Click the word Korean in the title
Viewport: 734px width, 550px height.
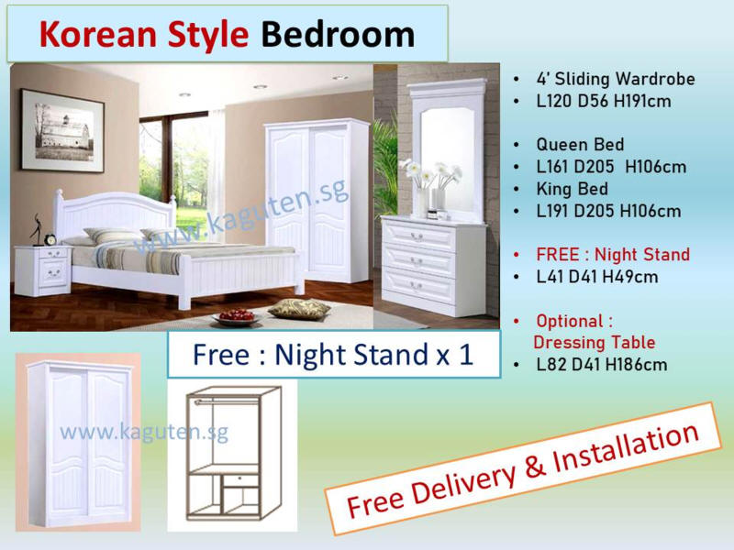point(97,35)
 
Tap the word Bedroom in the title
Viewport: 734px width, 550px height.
point(338,35)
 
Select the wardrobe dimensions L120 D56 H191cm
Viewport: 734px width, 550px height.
point(604,101)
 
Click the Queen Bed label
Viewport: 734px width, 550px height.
point(580,145)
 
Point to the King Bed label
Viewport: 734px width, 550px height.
point(572,189)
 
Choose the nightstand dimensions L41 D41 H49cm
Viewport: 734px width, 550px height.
point(597,277)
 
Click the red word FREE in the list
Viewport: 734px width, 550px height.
point(558,255)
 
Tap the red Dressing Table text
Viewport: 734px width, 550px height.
point(594,342)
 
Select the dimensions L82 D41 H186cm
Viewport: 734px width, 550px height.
point(602,365)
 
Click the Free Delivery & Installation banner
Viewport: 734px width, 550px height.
point(522,468)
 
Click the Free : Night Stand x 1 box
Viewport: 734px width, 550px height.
point(334,355)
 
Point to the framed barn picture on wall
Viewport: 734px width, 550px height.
point(62,131)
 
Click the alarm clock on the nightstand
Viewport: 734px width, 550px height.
point(50,239)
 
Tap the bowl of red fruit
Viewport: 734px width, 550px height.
point(237,317)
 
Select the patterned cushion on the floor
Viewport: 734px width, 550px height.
point(299,309)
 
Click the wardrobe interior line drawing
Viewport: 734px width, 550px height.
point(233,453)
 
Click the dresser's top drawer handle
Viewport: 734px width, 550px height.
point(417,236)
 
